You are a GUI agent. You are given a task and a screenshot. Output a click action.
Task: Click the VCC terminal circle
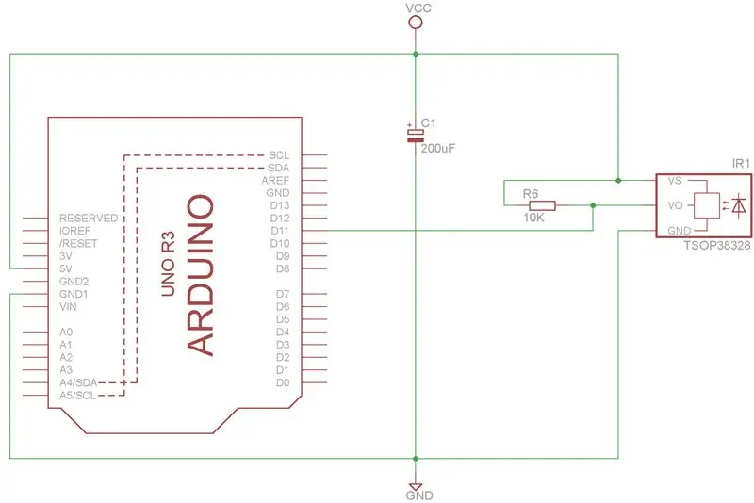point(416,22)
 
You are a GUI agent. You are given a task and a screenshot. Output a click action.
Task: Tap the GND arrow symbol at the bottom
point(416,486)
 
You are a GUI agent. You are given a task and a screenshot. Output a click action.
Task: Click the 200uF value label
point(437,149)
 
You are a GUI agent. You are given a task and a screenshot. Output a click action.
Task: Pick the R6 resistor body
point(542,205)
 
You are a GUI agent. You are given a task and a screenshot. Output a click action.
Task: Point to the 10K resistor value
point(533,218)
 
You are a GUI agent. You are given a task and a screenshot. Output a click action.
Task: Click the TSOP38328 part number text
point(717,246)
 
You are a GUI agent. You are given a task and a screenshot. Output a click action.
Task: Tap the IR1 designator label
point(741,163)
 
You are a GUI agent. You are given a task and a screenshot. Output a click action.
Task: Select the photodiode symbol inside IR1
point(739,205)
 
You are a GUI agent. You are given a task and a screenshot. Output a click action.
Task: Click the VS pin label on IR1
point(675,181)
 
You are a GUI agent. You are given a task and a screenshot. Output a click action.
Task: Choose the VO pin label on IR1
point(675,205)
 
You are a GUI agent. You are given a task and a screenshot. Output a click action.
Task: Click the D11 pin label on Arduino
point(280,231)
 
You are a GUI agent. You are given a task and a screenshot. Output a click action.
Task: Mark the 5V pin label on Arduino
point(65,268)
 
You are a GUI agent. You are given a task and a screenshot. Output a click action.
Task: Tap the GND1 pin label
point(74,294)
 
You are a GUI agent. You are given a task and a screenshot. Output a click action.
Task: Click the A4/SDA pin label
point(78,382)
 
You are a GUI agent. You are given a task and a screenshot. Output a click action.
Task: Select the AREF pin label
point(275,181)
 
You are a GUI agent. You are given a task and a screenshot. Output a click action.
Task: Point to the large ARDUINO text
point(200,275)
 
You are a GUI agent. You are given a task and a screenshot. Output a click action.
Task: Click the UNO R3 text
point(169,264)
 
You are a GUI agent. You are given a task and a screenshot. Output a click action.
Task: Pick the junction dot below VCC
point(416,54)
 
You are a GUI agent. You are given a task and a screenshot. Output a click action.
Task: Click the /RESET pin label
point(78,244)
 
